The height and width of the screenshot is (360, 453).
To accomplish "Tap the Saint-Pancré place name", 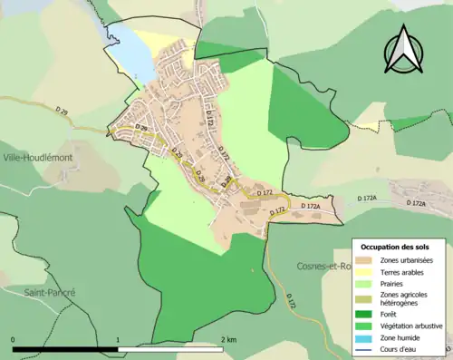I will point(50,293).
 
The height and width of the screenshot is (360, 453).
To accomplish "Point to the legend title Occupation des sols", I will point(399,247).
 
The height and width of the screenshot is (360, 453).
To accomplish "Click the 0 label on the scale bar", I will point(14,340).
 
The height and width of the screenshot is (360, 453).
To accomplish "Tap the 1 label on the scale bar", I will point(118,340).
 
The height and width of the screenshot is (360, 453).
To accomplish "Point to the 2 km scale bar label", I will point(228,340).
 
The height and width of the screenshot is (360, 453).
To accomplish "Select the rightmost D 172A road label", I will point(416,203).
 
